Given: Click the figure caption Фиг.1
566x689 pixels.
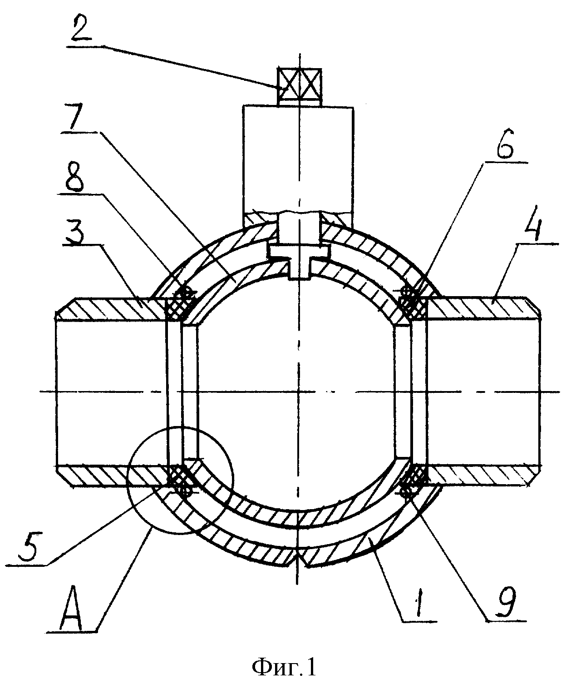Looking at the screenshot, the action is [284, 667].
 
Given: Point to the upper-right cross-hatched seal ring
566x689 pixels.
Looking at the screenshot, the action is [412, 302].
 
